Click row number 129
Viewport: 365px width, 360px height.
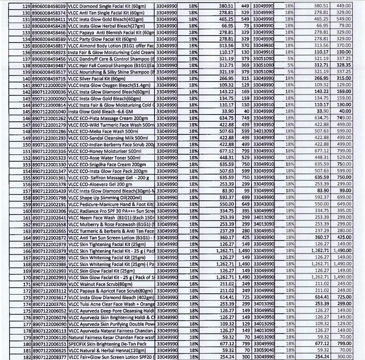26,6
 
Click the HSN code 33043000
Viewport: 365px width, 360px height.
263,205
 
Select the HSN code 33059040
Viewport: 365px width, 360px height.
263,350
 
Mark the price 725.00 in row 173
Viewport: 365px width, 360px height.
344,297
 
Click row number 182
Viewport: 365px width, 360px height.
26,357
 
